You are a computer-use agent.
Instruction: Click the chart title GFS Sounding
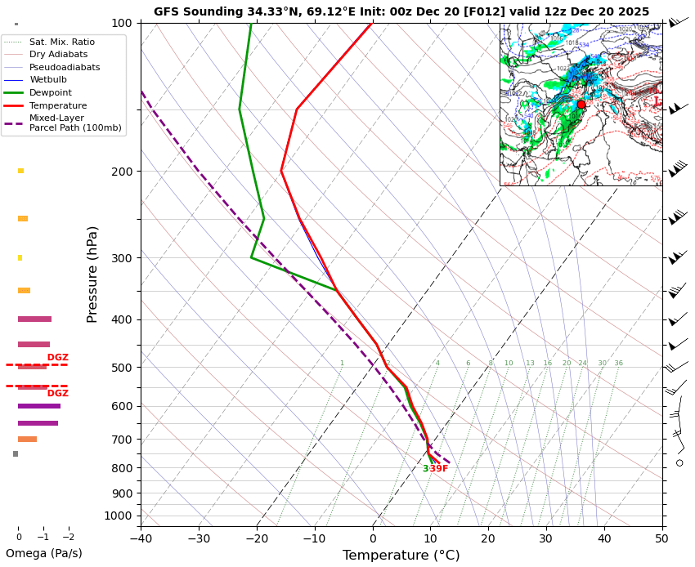click(401, 11)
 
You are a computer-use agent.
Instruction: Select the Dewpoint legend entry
click(50, 93)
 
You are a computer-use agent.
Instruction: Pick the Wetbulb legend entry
click(48, 80)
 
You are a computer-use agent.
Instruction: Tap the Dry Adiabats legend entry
click(58, 54)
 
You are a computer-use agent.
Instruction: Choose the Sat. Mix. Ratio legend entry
click(61, 42)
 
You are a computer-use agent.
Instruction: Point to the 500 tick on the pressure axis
click(122, 368)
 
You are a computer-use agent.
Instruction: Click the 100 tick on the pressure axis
click(122, 23)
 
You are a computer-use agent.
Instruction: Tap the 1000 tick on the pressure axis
click(119, 516)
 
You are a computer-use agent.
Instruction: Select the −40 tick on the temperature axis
click(141, 538)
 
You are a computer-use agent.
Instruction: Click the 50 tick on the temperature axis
click(662, 538)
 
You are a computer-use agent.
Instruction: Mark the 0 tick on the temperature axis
click(373, 538)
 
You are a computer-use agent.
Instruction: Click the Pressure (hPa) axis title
click(92, 274)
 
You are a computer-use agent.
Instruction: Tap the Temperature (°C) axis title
click(401, 556)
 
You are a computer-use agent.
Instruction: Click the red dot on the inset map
click(581, 105)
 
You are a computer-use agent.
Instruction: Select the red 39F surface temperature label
click(439, 469)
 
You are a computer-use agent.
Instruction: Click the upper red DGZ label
click(57, 358)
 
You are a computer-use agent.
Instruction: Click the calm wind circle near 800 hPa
click(679, 463)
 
